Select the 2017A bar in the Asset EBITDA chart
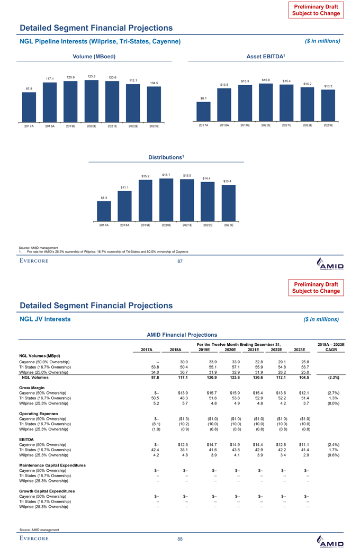pos(204,111)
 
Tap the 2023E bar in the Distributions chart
pos(229,203)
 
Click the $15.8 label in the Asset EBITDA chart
pos(266,79)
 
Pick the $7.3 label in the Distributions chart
pos(104,198)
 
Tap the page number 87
pos(179,261)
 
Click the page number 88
pos(179,539)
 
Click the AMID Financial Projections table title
pos(179,335)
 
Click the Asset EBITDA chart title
pos(265,56)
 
